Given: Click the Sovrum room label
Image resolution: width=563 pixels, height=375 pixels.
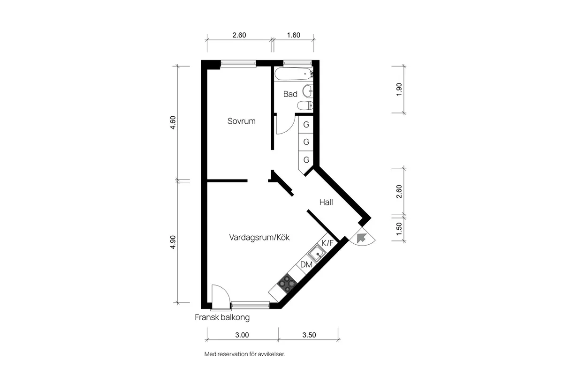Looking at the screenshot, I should pos(241,121).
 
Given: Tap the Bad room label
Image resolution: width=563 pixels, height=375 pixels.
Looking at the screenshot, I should pos(290,94).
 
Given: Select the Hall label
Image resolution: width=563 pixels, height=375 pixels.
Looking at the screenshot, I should pos(326,202).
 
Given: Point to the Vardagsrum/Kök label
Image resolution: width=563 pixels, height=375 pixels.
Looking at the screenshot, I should pos(259,238).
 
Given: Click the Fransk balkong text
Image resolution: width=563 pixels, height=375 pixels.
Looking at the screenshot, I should pos(222,317).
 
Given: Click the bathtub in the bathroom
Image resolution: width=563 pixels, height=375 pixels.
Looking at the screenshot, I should pos(294,74).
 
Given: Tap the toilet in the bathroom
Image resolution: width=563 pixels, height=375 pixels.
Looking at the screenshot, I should pos(305,105).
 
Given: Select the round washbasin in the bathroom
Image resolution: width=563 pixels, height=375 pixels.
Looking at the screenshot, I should pos(308,90).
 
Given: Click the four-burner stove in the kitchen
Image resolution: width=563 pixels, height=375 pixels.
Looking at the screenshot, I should pos(287,283).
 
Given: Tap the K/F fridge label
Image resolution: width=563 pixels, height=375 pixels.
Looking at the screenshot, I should pos(327,243).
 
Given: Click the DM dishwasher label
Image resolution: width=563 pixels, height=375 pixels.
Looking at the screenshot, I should pos(306,265).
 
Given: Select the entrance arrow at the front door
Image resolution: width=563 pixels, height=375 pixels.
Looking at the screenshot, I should pos(362,238).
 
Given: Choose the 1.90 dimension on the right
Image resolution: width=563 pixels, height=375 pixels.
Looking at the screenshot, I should pos(399,89).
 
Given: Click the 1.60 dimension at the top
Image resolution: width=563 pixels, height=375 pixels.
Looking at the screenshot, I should pos(293,35).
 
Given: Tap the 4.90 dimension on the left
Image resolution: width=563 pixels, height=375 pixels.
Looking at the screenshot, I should pos(173,241).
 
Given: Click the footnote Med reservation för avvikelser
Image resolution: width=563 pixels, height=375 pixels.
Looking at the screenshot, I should pos(244,354).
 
